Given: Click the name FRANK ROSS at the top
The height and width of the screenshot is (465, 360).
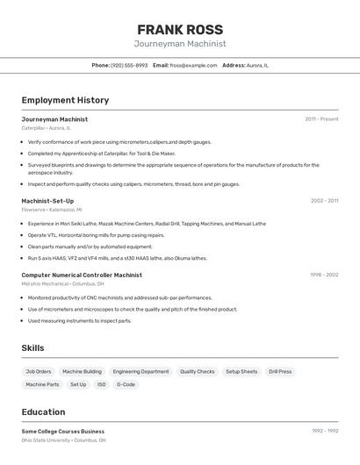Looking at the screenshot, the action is click(x=180, y=30).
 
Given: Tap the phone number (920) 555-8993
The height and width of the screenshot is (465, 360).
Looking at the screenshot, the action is click(x=129, y=65).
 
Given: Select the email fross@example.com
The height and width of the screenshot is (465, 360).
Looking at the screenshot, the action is click(x=193, y=65).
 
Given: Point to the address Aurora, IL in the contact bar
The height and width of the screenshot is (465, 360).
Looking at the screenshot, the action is click(x=257, y=65).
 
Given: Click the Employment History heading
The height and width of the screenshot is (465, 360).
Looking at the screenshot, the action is click(x=65, y=100).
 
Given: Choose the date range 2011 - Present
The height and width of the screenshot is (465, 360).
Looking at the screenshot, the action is click(x=321, y=119).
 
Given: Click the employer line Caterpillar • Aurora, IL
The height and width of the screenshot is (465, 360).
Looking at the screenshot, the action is click(x=46, y=128).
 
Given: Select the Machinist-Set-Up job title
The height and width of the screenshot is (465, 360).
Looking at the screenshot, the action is click(x=47, y=201).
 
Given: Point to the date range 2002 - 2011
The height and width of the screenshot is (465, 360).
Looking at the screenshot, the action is click(x=324, y=201).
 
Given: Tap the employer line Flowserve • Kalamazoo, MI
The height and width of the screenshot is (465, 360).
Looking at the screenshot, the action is click(x=52, y=210).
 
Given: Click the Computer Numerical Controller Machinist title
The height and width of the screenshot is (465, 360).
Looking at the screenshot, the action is click(x=82, y=275).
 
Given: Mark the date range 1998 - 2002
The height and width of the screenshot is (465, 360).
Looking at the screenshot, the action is click(x=324, y=275).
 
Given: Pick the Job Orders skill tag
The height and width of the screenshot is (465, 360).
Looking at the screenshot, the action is click(x=39, y=372).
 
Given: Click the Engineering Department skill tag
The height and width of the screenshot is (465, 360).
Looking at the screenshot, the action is click(x=140, y=372).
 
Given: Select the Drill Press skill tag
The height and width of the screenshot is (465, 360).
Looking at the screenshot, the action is click(x=280, y=372).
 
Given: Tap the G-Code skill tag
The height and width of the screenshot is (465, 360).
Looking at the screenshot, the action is click(x=126, y=384).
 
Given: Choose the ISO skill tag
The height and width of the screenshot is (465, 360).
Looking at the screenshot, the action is click(x=101, y=384).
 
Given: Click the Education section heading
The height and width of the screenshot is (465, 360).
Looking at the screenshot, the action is click(x=43, y=411).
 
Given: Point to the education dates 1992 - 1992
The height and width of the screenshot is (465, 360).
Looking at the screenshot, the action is click(x=325, y=431).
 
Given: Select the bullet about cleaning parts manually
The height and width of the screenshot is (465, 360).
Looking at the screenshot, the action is click(x=77, y=247).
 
